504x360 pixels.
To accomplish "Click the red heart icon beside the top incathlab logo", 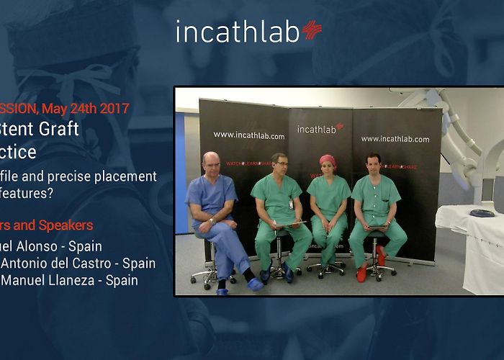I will [312, 30].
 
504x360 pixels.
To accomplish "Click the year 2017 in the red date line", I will [114, 109].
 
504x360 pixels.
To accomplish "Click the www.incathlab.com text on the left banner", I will [249, 135].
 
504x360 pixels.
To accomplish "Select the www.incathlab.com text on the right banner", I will [395, 138].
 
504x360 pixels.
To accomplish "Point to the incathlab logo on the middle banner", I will [320, 129].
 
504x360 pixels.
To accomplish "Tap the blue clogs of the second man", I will [276, 273].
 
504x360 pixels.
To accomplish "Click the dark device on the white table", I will [482, 213].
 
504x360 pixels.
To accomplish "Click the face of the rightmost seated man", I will [373, 164].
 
